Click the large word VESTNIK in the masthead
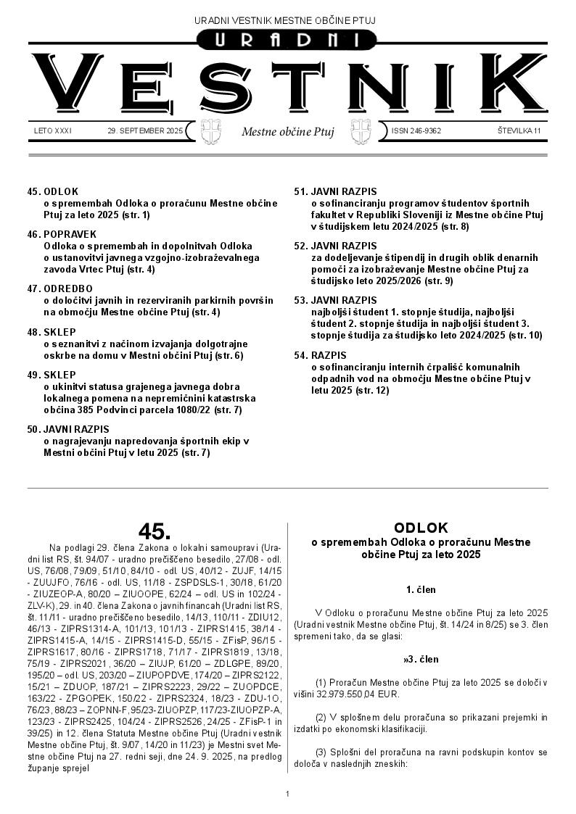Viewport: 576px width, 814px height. click(288, 86)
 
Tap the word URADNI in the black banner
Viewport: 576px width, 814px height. click(287, 41)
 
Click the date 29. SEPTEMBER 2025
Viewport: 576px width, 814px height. click(145, 131)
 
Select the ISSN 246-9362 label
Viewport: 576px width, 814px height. click(416, 131)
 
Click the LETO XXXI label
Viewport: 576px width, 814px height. click(53, 131)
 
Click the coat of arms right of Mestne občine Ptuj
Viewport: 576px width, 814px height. click(361, 131)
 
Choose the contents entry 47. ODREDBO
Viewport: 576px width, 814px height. click(61, 288)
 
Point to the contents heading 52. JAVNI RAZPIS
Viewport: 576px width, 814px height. click(335, 246)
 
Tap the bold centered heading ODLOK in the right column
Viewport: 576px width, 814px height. click(421, 528)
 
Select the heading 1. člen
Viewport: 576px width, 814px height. click(421, 589)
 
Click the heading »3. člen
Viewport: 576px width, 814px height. click(421, 660)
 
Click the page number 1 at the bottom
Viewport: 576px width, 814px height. click(288, 794)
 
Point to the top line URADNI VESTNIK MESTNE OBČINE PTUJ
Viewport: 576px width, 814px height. click(288, 20)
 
